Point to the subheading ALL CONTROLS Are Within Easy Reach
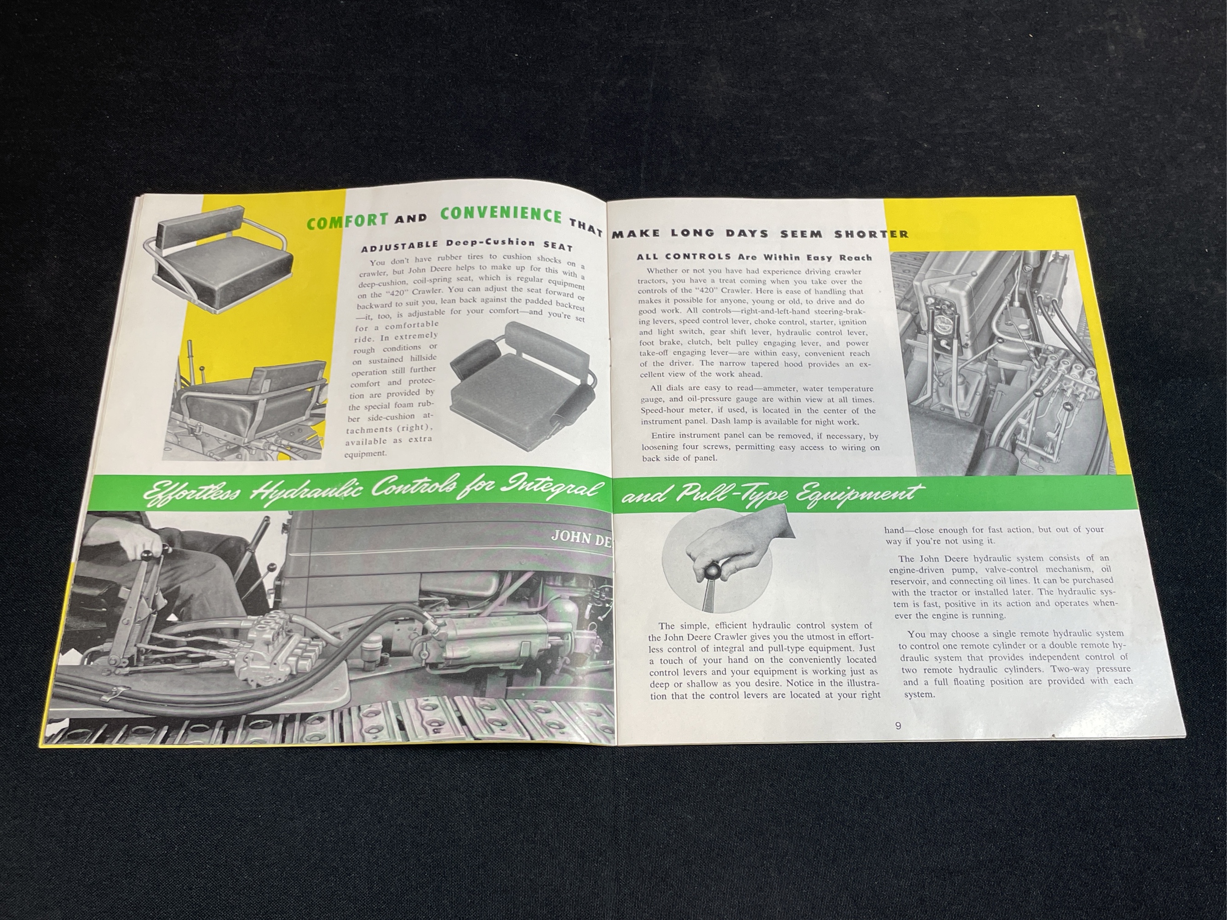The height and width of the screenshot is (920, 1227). (754, 257)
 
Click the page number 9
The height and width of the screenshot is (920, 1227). (898, 725)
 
